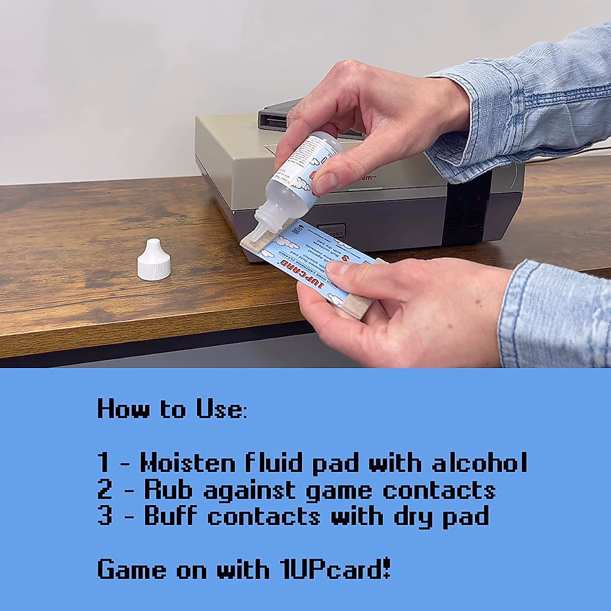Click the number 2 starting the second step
point(104,489)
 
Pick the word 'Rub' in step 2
point(168,489)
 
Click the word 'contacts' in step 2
point(439,489)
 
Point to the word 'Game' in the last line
point(132,569)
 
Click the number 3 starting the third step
point(104,516)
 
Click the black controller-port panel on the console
point(466,209)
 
